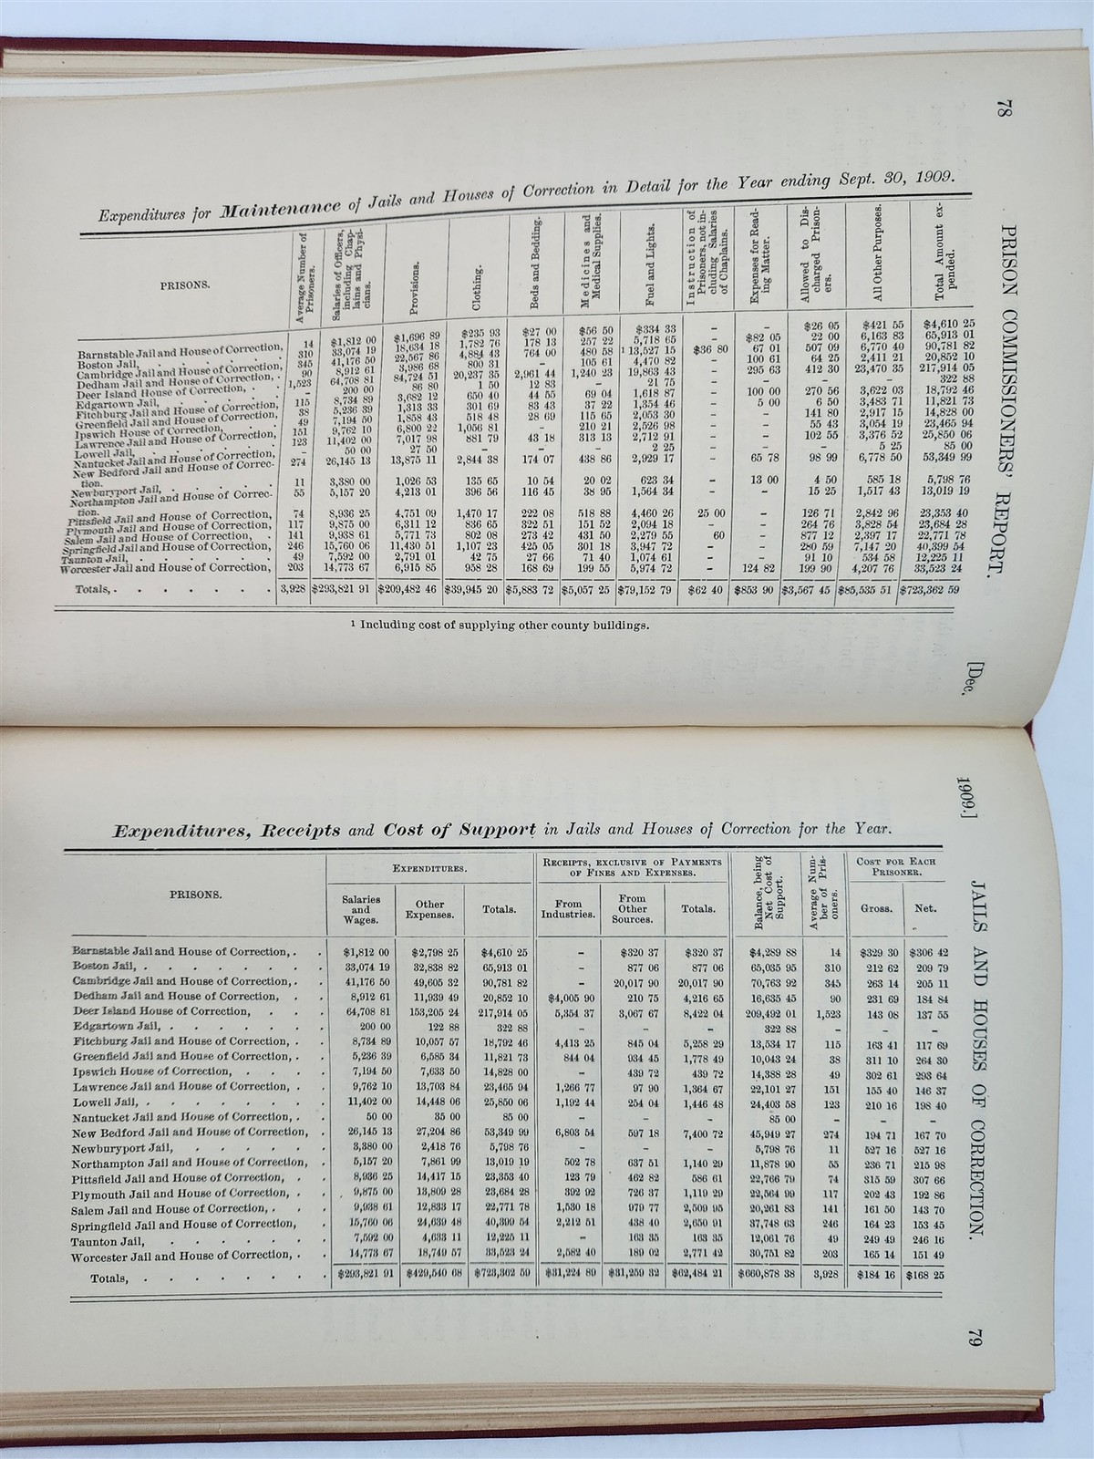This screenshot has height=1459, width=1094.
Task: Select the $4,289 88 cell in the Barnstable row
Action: click(764, 953)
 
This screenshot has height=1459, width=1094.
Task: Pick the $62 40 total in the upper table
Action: click(706, 590)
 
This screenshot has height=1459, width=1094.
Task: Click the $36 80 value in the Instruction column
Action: click(706, 349)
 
